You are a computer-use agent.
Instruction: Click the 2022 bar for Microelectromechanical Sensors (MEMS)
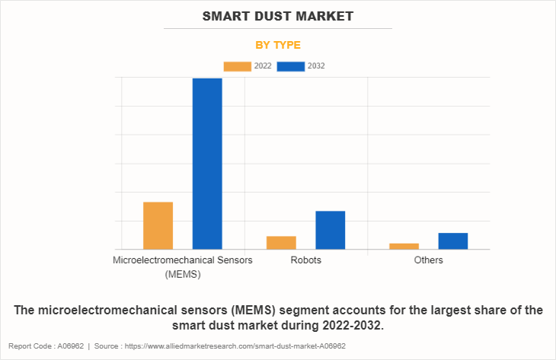[158, 225]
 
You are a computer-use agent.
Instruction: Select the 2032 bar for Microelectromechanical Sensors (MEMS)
[207, 164]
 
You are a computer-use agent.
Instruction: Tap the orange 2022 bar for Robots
[281, 242]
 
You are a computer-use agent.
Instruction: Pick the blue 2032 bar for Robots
[331, 230]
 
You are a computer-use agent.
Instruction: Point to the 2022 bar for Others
[404, 246]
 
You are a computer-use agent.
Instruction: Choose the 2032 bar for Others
[453, 241]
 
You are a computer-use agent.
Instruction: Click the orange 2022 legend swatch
[237, 66]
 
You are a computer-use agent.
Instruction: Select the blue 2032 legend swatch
[290, 66]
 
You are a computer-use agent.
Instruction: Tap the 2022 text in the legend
[263, 66]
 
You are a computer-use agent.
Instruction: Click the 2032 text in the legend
[316, 66]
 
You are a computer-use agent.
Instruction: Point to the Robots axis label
[305, 260]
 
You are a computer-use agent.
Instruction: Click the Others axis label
[429, 260]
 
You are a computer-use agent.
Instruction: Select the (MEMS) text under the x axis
[183, 274]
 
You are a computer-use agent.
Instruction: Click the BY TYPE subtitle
[278, 45]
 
